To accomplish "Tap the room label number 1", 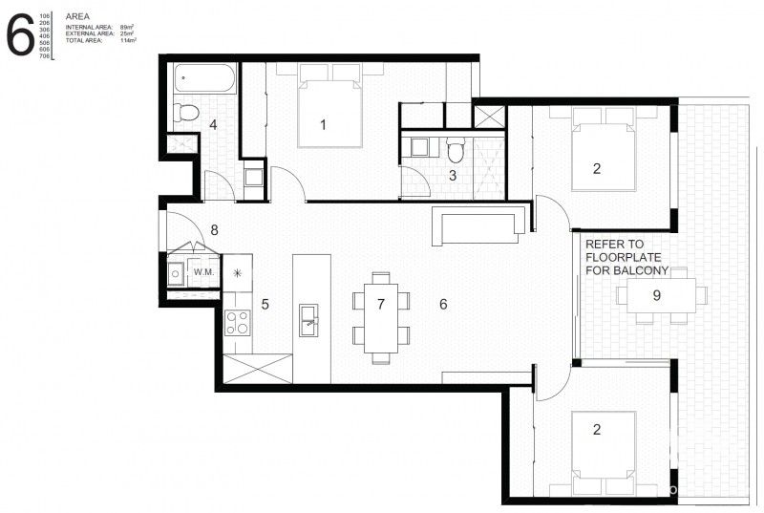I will click(x=324, y=124).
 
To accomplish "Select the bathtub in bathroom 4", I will click(x=205, y=79).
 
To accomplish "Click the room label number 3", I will click(x=453, y=175).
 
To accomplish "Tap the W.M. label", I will click(x=202, y=272).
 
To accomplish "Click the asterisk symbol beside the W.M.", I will click(x=238, y=272).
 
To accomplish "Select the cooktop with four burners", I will click(x=237, y=323).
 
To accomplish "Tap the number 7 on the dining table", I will click(x=380, y=305).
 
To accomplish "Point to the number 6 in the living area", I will click(x=442, y=305).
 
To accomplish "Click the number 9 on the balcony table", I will click(x=657, y=295).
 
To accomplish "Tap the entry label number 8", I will click(x=215, y=229).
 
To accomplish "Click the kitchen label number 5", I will click(x=265, y=305).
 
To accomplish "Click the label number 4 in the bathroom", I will click(x=213, y=124).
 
